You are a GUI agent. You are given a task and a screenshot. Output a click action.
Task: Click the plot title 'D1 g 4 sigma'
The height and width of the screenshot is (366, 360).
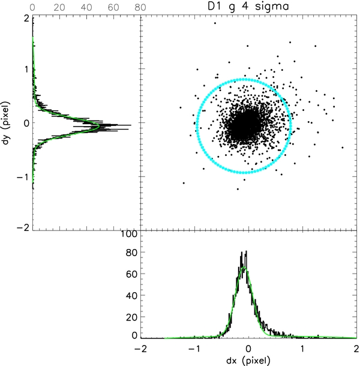coord(249,7)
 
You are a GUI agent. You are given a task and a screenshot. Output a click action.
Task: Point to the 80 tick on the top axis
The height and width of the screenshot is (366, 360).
coord(139,7)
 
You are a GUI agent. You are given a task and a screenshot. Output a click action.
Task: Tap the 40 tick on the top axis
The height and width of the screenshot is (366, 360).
coord(85,7)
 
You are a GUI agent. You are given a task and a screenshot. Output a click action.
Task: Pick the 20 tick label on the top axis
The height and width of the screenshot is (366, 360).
coord(58,7)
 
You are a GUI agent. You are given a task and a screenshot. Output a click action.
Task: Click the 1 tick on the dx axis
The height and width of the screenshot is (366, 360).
coord(303,349)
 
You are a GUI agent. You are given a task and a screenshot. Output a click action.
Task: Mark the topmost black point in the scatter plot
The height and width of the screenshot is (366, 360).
coord(215,23)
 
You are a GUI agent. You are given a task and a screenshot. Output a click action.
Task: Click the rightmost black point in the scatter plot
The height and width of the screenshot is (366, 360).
coord(343,147)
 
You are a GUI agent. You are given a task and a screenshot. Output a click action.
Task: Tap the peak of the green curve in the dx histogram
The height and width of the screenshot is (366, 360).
coord(244,268)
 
